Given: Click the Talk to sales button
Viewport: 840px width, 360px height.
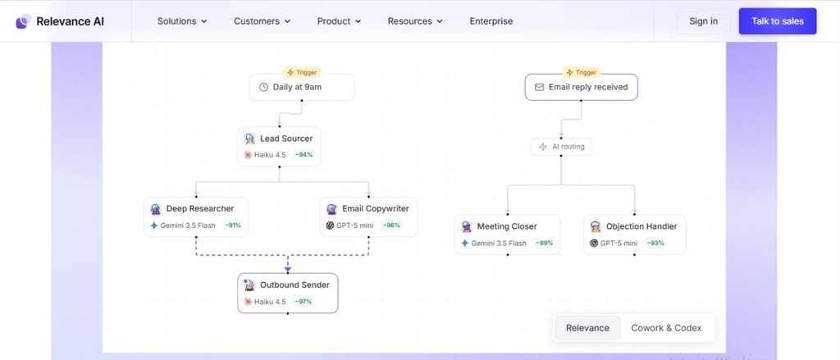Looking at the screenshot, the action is [x=778, y=21].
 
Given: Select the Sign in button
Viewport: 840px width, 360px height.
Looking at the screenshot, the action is [x=703, y=21].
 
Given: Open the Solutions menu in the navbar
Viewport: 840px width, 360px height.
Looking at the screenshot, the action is [x=182, y=21].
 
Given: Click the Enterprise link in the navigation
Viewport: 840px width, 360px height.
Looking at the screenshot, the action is [x=491, y=21].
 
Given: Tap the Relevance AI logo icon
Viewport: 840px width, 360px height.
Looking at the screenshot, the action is [x=22, y=21].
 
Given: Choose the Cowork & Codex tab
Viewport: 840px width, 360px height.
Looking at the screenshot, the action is [x=666, y=328].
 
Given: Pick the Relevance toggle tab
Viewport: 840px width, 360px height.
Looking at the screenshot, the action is [x=587, y=328].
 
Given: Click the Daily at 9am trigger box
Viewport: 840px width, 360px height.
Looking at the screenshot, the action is [x=302, y=87].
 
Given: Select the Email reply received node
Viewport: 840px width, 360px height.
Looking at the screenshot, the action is [x=582, y=87].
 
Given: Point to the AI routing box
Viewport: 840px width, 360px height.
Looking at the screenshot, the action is [x=561, y=147].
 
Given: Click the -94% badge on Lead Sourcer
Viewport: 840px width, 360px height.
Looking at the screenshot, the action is [x=304, y=155].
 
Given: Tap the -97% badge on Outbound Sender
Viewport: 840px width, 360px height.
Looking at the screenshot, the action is [x=304, y=302].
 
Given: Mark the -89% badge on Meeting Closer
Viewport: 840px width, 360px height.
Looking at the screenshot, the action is [x=545, y=244].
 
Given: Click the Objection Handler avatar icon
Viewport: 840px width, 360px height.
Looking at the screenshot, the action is [x=596, y=226].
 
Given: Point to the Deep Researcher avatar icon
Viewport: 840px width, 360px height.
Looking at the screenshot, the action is [x=156, y=209].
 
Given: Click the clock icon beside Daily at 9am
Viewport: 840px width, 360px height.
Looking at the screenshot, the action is [x=263, y=87].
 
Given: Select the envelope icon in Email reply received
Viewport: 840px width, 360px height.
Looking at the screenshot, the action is [x=540, y=87].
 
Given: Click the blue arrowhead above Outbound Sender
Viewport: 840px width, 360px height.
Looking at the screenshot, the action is [x=288, y=270].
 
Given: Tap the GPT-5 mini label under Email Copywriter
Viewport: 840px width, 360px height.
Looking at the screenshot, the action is [x=354, y=226].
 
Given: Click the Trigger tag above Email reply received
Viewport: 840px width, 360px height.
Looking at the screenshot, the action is [x=582, y=72].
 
